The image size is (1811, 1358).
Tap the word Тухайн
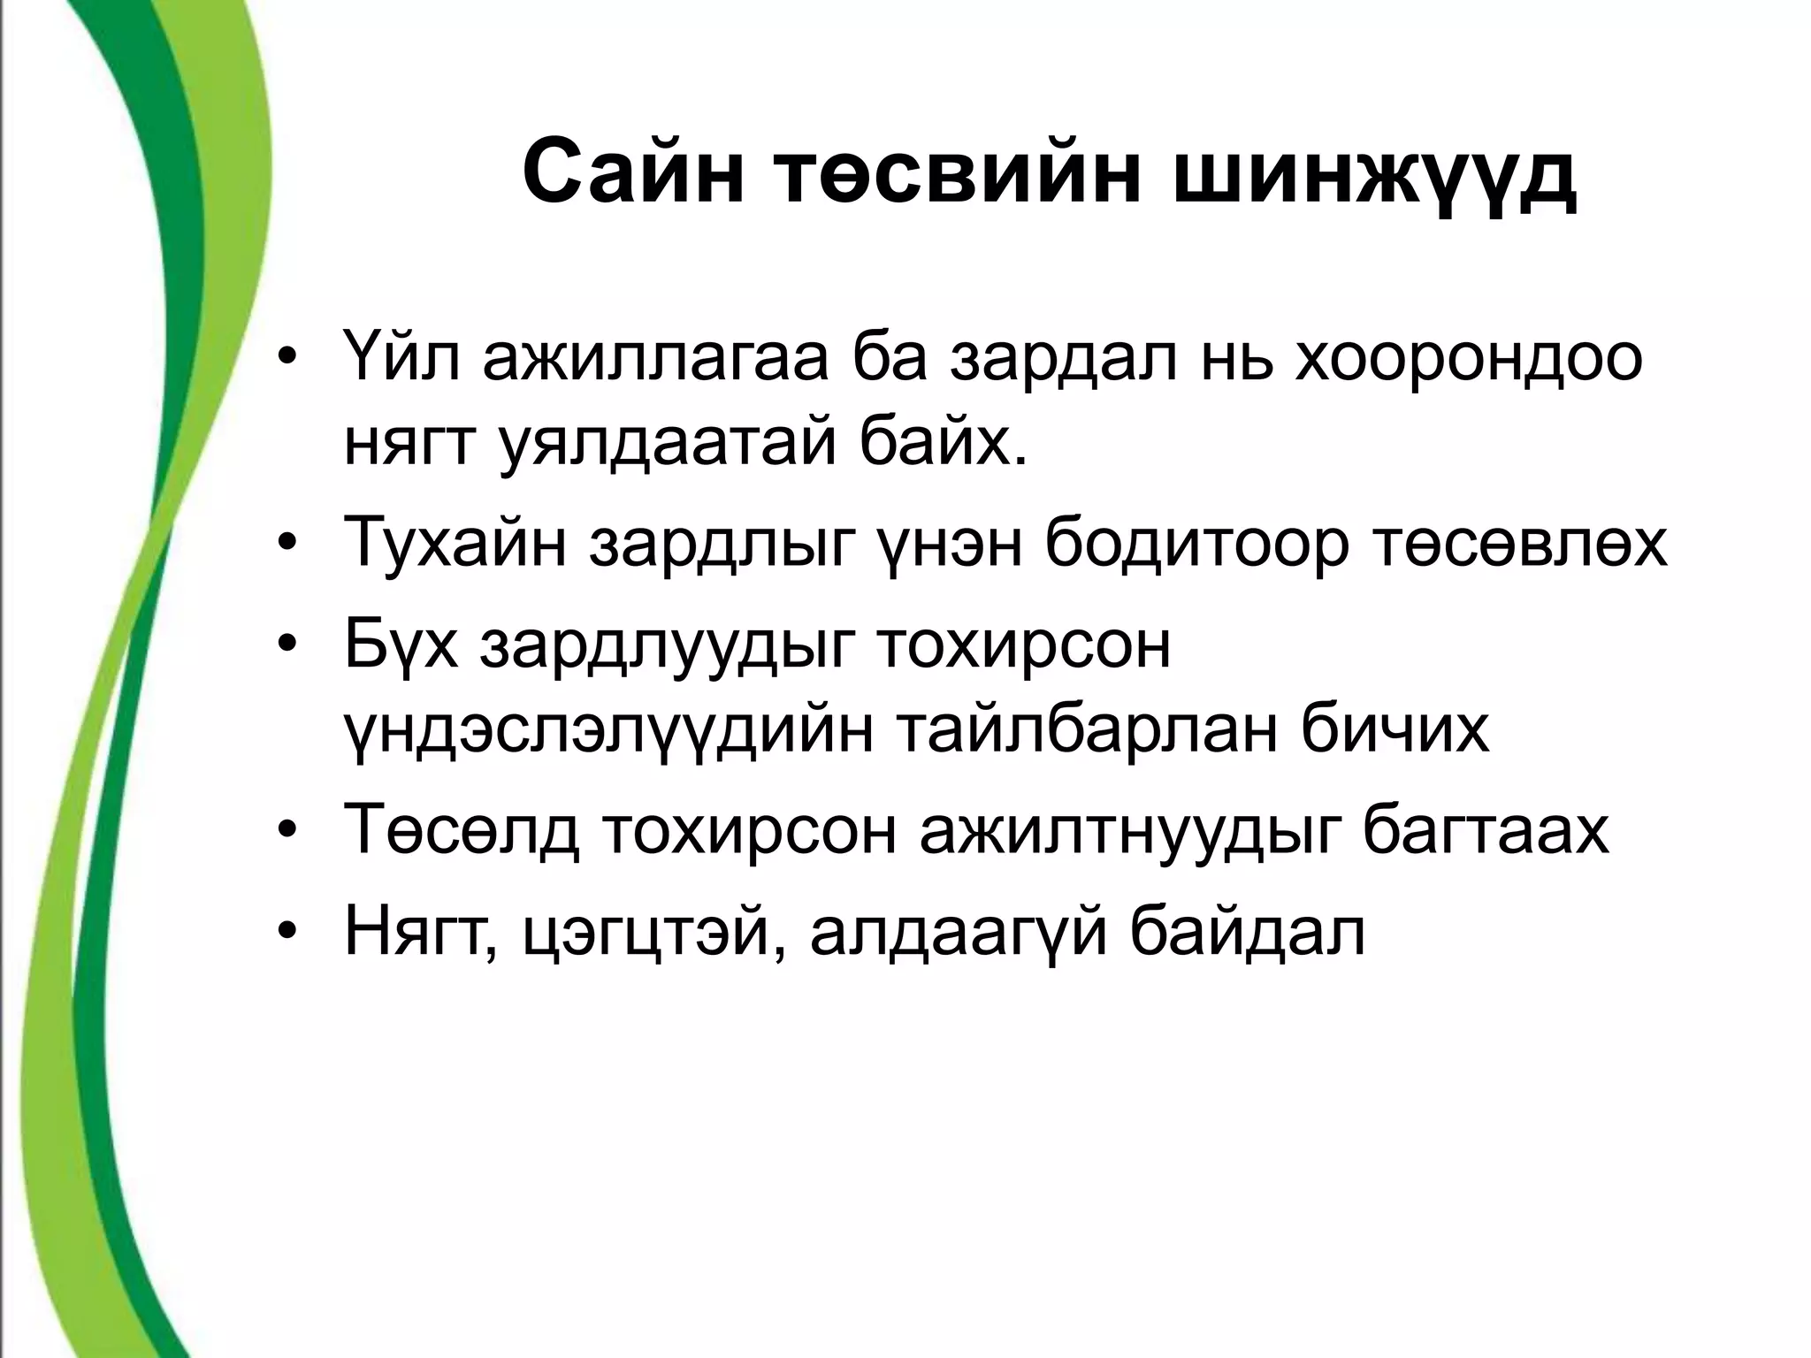click(456, 542)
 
